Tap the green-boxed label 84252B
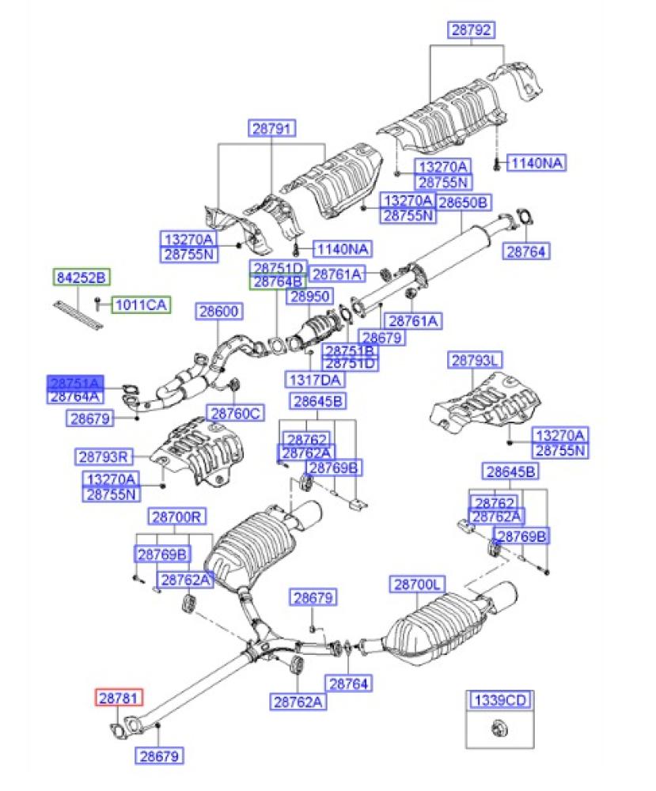click(x=82, y=277)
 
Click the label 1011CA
click(x=142, y=304)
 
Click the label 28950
click(x=308, y=297)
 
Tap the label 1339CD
click(x=499, y=699)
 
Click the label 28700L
click(x=418, y=585)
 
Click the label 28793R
click(x=105, y=456)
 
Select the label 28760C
click(x=235, y=412)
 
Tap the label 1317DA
click(x=316, y=379)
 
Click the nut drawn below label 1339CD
click(x=499, y=727)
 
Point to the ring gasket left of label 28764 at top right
click(x=523, y=214)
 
